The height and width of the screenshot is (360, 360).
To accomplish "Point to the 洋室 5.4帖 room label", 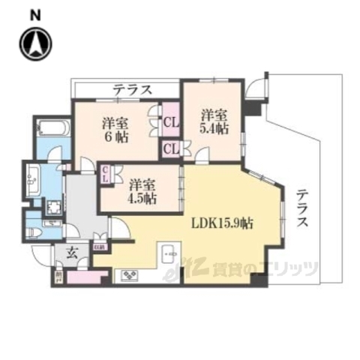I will (x=214, y=121).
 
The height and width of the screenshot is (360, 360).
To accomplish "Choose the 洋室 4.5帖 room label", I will (x=142, y=191).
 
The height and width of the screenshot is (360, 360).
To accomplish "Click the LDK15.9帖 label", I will (x=222, y=222).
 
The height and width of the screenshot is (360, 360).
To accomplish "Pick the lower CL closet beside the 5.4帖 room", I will (x=170, y=148).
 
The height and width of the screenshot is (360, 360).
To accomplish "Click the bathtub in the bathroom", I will (x=52, y=130).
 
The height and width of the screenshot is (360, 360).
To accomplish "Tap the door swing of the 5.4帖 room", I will (x=202, y=154).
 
